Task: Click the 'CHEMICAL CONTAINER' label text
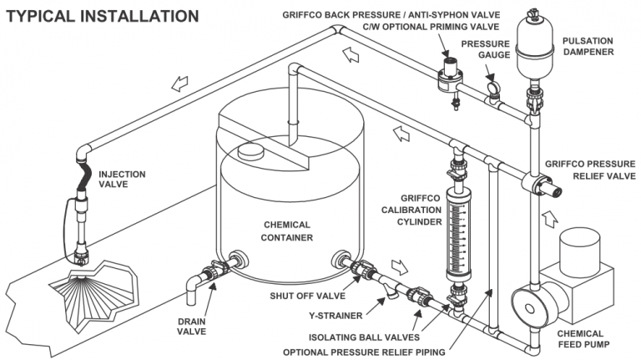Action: pos(288,231)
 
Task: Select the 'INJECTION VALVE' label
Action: pos(121,180)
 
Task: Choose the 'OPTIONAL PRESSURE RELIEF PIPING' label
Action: pos(363,351)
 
